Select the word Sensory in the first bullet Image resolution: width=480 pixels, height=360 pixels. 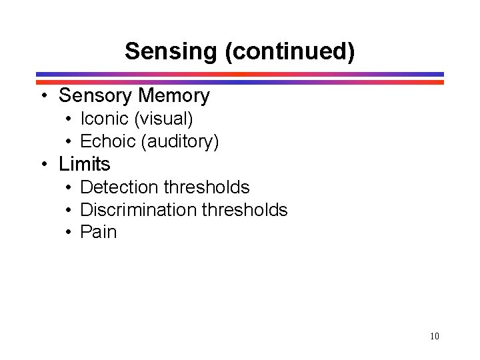point(95,96)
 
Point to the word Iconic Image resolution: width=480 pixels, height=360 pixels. point(104,119)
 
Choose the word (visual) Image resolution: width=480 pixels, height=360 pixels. point(163,119)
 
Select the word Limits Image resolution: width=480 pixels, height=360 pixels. point(85,164)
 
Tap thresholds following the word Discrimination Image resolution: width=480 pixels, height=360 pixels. point(244,210)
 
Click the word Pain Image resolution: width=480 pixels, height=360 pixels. point(98,232)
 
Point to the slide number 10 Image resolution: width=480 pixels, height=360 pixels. point(435,336)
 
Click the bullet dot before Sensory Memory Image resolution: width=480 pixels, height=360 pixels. point(43,97)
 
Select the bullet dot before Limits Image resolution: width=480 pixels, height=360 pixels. point(43,165)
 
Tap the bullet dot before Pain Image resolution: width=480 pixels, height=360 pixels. point(69,233)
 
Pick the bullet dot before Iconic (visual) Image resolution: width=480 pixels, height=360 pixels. point(69,120)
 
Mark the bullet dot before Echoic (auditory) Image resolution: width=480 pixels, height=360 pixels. point(69,142)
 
